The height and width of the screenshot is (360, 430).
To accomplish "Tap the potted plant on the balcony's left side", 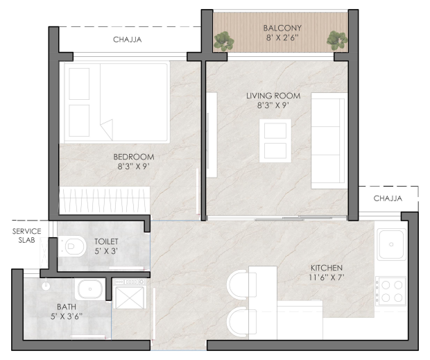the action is coord(224,41).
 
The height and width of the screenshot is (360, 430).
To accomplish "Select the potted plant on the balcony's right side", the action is coord(337,41).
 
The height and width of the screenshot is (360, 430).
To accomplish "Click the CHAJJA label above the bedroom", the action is coord(127,40).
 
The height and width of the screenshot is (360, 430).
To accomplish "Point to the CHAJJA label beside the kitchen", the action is coord(388,198).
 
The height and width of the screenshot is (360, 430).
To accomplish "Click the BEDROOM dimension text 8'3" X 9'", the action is coord(133,166).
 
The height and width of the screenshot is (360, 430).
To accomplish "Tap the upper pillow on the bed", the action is coord(79,84).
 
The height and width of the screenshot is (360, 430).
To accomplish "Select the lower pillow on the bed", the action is coord(79,121).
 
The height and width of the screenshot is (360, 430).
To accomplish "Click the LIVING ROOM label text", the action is coord(273,96).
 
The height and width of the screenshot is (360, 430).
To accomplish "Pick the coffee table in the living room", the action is coord(275,140).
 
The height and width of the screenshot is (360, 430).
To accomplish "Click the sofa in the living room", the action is coord(329,141).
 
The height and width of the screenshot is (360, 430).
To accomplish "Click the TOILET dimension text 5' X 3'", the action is coord(106,251).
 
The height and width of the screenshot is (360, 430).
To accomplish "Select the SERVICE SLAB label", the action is coord(26,236).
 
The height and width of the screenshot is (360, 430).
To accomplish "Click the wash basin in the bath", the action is coord(90,289).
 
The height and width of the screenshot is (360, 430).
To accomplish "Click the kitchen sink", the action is coord(391,244).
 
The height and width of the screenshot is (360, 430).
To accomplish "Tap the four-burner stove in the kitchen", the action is coord(390,291).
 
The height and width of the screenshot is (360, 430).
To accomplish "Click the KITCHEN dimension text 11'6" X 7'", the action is coord(327,277).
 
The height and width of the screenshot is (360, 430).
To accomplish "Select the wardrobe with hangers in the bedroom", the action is coord(105,200).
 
